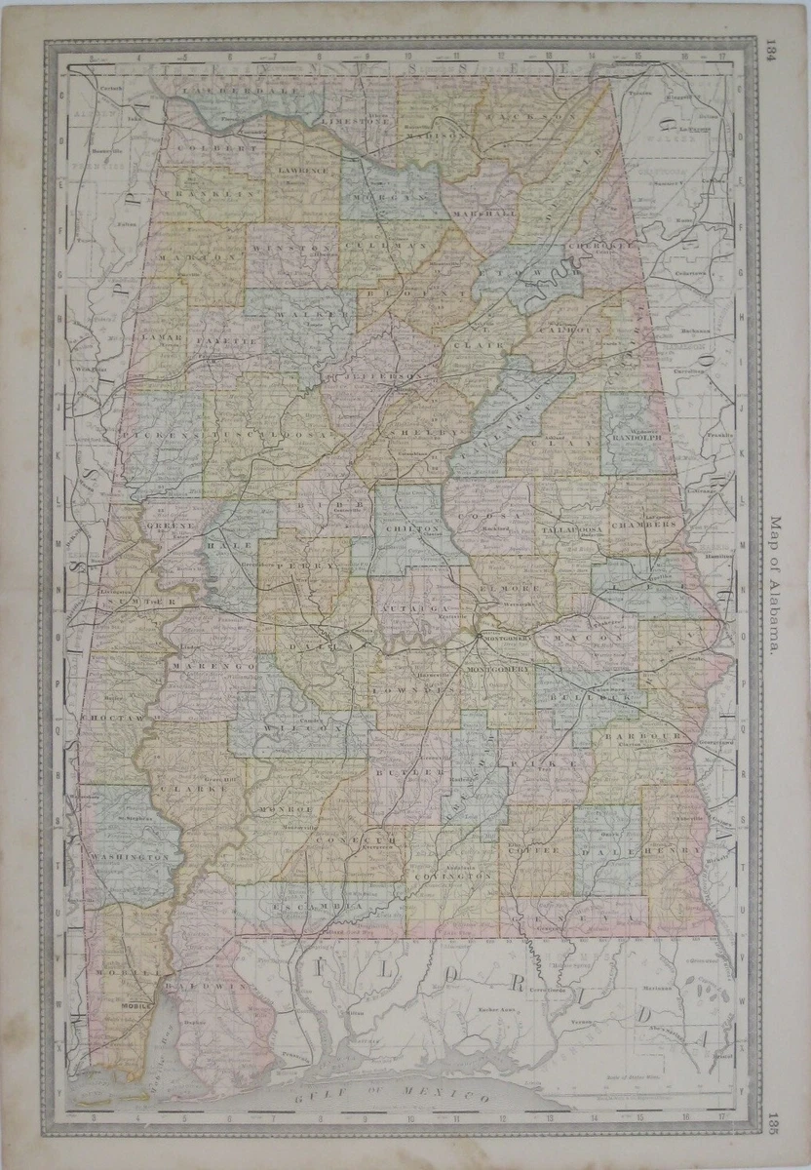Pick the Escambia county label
318,907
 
